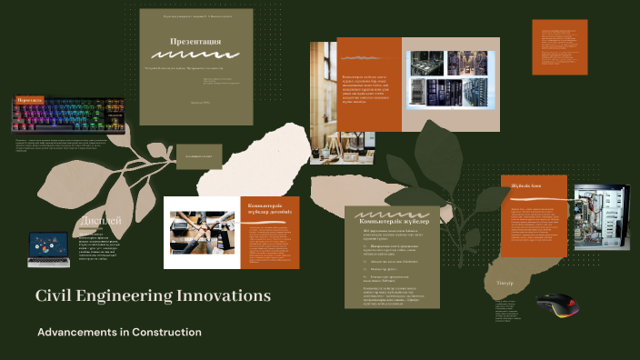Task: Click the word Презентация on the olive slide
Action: coord(195,42)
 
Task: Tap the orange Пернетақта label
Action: coord(30,100)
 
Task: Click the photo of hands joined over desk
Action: coord(202,233)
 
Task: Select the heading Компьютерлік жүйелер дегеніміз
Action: coord(273,209)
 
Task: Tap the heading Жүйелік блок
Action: coord(526,185)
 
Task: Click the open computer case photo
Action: coord(600,219)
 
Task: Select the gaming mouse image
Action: coord(556,305)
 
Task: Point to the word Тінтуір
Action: coord(505,284)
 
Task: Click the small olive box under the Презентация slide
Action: coord(199,155)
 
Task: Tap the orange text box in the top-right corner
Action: coord(558,46)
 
